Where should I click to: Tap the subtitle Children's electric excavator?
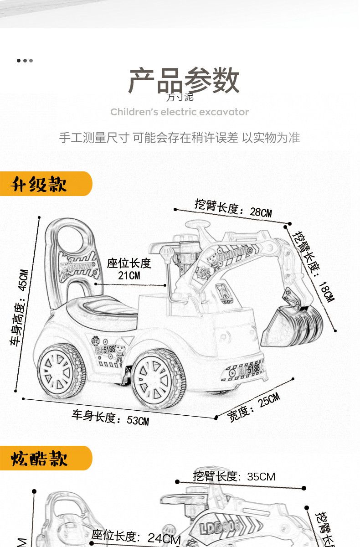180,112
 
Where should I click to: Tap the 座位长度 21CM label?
129,269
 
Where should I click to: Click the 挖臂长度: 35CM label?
234,477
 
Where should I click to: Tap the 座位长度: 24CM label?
136,537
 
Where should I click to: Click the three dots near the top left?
25,60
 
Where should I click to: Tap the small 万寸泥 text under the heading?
180,97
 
